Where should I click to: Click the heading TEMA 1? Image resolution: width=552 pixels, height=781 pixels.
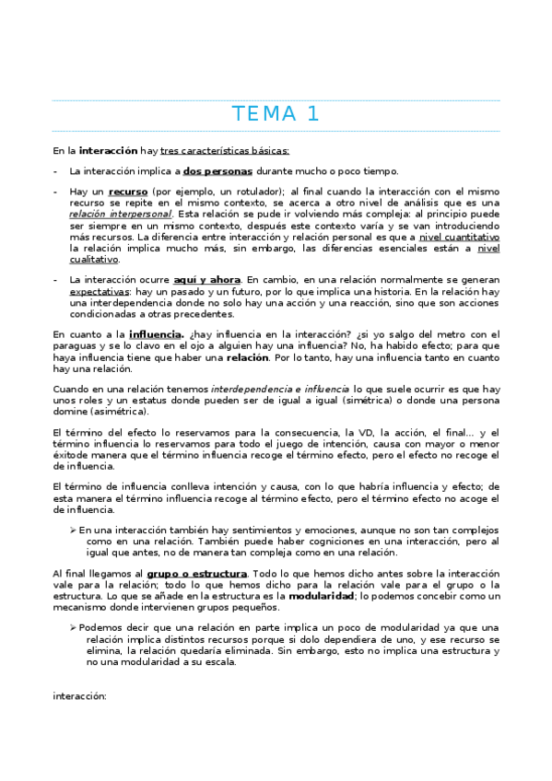(x=276, y=114)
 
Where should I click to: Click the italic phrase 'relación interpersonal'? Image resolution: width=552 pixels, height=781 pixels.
(x=120, y=214)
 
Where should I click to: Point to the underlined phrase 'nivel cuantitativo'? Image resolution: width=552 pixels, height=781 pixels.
(x=459, y=236)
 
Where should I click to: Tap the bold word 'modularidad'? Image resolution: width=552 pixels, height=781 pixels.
(x=322, y=595)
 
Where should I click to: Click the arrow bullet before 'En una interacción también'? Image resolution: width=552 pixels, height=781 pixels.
(x=74, y=530)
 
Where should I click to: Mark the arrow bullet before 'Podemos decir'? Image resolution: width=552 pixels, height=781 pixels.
(x=74, y=626)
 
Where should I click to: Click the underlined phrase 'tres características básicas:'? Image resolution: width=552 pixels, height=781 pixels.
(x=225, y=149)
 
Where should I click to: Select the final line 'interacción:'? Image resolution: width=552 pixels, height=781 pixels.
(x=80, y=696)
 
